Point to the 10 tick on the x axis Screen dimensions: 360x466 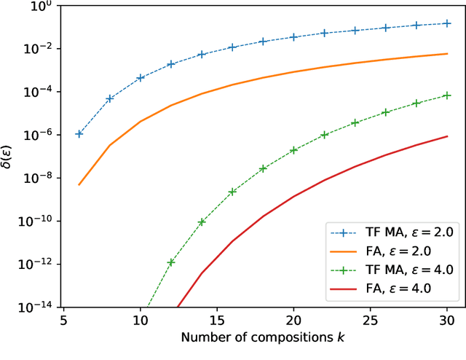[140, 321]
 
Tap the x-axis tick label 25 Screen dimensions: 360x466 [371, 321]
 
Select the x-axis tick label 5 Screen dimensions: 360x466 [63, 321]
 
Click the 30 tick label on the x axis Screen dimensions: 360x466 [447, 321]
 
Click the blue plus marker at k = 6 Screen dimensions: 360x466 [79, 134]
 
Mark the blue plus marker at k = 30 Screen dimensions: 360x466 [447, 23]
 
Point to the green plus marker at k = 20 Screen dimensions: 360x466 [293, 150]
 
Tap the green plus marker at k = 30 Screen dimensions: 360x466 [447, 95]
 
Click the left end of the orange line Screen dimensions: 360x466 [79, 184]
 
